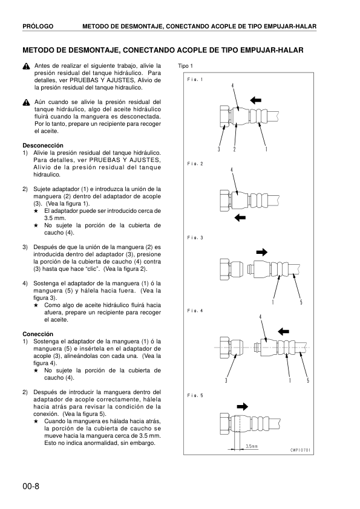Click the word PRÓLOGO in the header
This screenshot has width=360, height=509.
38,27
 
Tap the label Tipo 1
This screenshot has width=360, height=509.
185,66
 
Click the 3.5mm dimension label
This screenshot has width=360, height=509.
251,447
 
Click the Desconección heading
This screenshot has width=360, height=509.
43,146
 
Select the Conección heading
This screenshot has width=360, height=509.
38,334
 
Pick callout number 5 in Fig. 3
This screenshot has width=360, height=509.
301,302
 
